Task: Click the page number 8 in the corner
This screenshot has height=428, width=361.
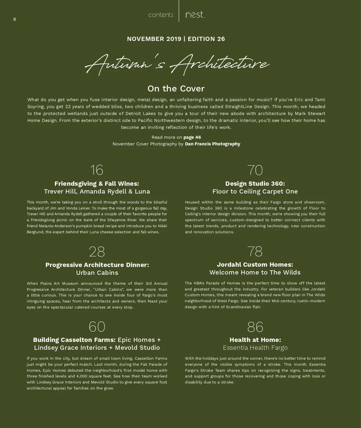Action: click(x=14, y=20)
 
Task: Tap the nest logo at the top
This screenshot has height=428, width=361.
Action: click(x=195, y=14)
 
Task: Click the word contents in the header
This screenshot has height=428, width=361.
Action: click(x=161, y=15)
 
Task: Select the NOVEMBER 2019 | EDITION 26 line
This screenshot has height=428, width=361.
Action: click(x=176, y=39)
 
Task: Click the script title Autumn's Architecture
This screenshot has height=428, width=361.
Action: click(x=177, y=64)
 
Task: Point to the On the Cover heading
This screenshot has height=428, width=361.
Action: click(x=176, y=88)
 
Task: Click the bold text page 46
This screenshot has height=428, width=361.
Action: click(x=192, y=137)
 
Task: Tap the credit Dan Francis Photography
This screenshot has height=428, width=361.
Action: click(x=212, y=144)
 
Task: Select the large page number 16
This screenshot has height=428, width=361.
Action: click(x=97, y=170)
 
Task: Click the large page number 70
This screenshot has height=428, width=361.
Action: click(x=255, y=170)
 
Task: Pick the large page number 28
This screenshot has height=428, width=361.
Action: click(x=97, y=252)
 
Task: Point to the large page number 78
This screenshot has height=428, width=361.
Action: click(x=255, y=251)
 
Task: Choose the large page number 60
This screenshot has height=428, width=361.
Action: click(x=97, y=327)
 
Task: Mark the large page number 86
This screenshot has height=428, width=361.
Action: click(x=255, y=327)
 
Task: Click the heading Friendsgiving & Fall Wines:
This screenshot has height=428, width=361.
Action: click(x=97, y=184)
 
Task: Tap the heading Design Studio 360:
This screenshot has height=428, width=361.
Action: click(x=255, y=184)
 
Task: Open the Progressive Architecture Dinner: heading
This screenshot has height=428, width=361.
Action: click(x=97, y=265)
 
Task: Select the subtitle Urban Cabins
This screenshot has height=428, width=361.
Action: click(x=97, y=273)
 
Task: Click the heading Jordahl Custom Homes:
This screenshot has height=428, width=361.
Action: click(x=255, y=265)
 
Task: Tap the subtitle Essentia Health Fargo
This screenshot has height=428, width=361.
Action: click(x=255, y=348)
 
